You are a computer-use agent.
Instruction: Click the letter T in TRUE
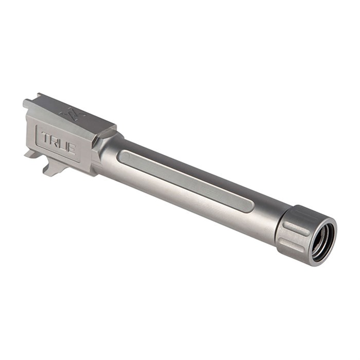click(46, 137)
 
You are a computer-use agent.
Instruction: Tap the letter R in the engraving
click(55, 141)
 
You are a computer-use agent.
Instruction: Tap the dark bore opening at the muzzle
click(324, 240)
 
